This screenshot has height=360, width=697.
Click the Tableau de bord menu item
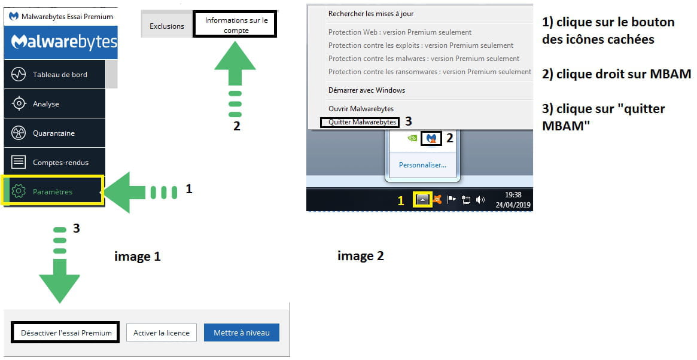54,74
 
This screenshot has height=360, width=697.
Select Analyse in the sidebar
54,103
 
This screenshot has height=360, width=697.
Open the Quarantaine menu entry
54,133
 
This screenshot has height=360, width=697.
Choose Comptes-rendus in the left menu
54,162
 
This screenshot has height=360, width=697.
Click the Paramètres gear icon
19,191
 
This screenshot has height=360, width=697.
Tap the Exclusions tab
167,26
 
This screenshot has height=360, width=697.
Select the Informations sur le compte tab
235,25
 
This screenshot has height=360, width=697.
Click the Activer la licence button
162,333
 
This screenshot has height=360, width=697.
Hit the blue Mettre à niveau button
241,333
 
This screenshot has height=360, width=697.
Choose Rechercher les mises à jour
371,14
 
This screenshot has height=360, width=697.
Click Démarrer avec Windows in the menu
367,90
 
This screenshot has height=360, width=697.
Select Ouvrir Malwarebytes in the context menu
361,108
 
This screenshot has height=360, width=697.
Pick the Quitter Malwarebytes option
362,122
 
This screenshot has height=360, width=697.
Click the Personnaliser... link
422,165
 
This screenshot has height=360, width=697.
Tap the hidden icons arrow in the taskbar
422,200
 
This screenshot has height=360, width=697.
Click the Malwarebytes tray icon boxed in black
431,138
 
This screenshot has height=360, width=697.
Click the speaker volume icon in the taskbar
480,200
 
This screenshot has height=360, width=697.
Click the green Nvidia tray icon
412,138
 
